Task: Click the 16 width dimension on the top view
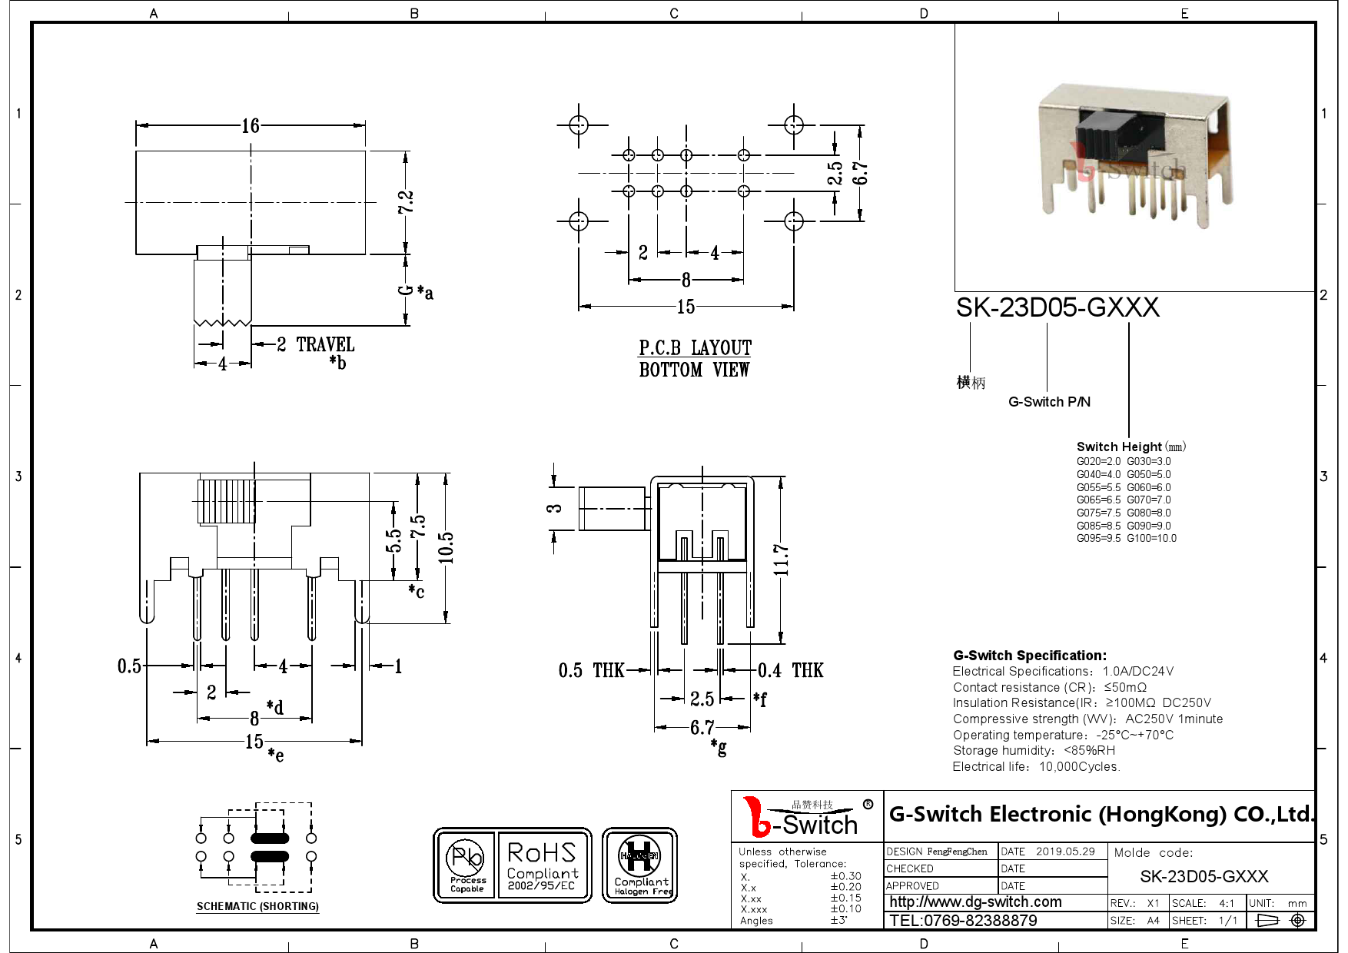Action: click(251, 126)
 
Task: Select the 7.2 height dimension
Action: click(406, 202)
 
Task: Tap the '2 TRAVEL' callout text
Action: click(316, 344)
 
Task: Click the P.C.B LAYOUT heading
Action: click(695, 348)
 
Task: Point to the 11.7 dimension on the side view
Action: click(781, 560)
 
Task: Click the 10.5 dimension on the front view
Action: click(446, 547)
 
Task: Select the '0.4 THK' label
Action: click(790, 671)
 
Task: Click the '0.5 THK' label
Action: click(591, 671)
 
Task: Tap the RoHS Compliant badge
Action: click(542, 865)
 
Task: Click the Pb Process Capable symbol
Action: click(466, 865)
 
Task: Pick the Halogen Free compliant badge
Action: click(639, 865)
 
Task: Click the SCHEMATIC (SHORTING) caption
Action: click(257, 907)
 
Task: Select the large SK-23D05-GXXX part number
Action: click(1057, 307)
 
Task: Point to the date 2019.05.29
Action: click(1065, 852)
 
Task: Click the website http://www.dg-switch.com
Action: click(975, 902)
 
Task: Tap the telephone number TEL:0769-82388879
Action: click(963, 921)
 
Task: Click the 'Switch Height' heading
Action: click(1119, 447)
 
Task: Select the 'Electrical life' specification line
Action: click(1036, 767)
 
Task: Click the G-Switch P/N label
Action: click(1049, 402)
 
